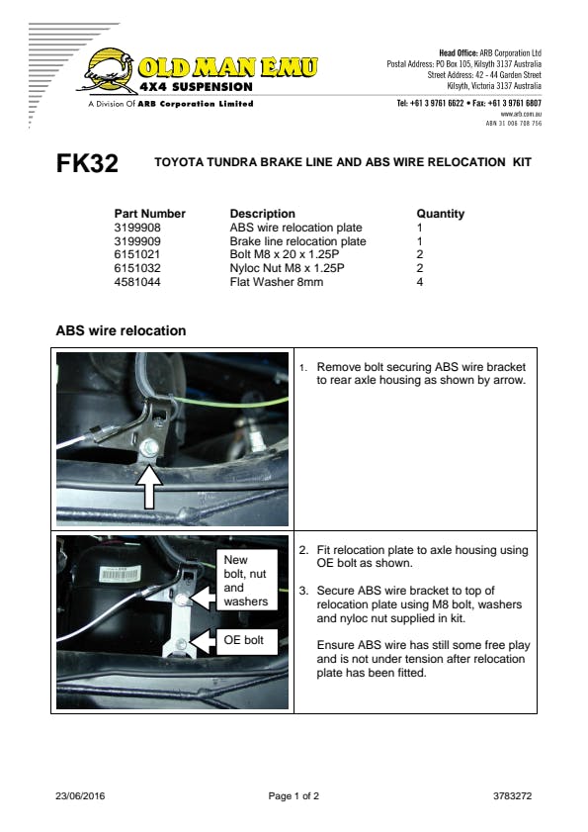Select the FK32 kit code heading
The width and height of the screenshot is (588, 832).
[x=87, y=163]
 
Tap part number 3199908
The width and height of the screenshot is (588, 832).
[x=137, y=228]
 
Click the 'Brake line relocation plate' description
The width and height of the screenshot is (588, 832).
[x=297, y=241]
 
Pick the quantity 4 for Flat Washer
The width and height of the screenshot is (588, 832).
[x=419, y=282]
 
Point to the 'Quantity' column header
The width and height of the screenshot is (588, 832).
[x=440, y=214]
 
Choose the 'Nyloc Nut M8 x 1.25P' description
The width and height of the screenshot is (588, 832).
[x=287, y=268]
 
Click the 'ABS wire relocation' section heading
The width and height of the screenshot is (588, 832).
[x=121, y=330]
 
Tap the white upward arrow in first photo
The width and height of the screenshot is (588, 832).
[x=149, y=486]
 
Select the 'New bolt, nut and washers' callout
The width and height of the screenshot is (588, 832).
[x=246, y=580]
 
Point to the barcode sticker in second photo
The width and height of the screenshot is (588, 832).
[x=120, y=574]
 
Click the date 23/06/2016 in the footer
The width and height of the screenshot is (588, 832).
[x=80, y=796]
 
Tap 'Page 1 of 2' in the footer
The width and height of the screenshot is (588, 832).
[x=294, y=796]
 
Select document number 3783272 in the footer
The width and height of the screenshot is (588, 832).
[x=512, y=796]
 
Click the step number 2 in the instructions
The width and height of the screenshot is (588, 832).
[x=302, y=550]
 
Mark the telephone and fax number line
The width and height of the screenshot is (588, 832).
[x=468, y=103]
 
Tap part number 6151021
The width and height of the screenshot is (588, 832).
[x=136, y=254]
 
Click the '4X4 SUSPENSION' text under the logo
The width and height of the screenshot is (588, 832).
[x=197, y=87]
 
